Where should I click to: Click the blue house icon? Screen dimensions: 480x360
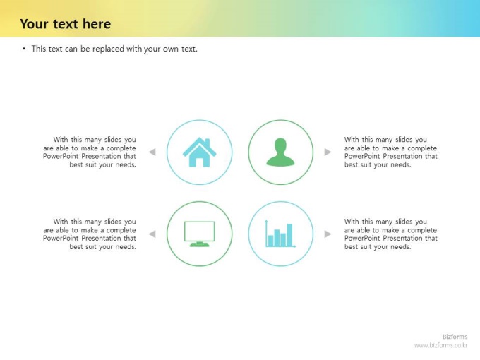click(199, 152)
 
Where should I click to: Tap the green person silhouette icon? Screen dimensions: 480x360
click(280, 152)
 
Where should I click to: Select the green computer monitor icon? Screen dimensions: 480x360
click(199, 234)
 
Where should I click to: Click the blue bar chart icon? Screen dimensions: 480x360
click(280, 234)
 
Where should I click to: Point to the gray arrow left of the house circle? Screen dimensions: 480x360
click(152, 152)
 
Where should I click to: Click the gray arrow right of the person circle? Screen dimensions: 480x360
click(328, 152)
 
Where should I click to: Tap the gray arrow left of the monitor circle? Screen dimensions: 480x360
click(152, 234)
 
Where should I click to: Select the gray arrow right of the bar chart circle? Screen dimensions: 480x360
click(328, 234)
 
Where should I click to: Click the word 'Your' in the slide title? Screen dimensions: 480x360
click(34, 24)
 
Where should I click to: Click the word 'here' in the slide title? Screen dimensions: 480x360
click(97, 24)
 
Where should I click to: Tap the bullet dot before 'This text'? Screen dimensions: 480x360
click(24, 49)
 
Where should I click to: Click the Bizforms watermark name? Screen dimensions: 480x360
click(455, 337)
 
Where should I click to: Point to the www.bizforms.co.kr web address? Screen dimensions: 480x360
click(440, 345)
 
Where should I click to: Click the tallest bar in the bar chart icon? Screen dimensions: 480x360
click(289, 235)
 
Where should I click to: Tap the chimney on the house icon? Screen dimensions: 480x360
click(208, 143)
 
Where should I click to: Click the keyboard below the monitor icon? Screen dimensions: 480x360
click(199, 244)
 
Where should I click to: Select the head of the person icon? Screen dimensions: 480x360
click(280, 145)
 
